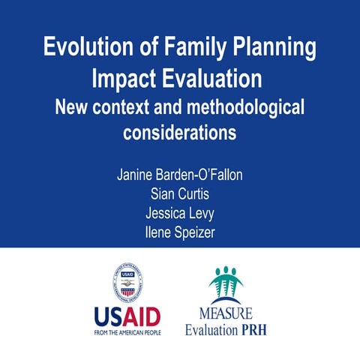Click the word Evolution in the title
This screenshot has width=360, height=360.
coord(80,47)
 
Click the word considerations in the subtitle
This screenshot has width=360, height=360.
coord(180,133)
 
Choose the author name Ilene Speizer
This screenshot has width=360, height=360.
coord(180,232)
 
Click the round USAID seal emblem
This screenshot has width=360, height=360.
coord(128,283)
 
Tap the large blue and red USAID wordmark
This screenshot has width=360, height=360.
coord(127,314)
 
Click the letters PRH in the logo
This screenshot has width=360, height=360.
coord(255,329)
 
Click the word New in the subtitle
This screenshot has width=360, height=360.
coord(72,107)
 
